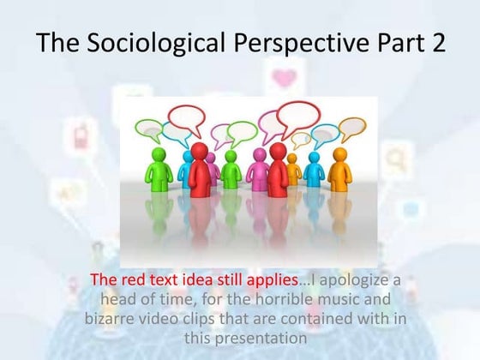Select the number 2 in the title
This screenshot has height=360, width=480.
point(436,43)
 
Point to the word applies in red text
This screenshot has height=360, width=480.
point(271,279)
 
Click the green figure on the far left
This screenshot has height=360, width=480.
point(158,168)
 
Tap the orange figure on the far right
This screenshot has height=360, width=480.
point(340,168)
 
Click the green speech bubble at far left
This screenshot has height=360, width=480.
point(151,129)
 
